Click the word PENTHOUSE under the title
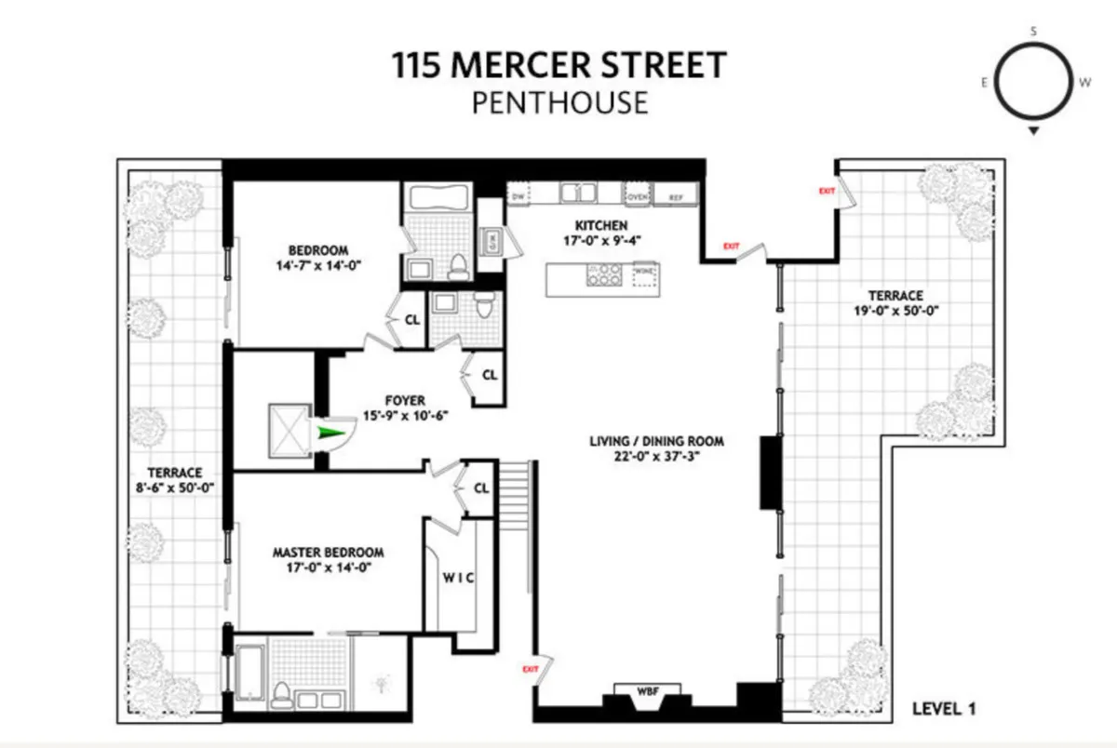[x=558, y=101]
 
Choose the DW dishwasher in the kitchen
[x=518, y=195]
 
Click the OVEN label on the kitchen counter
[x=637, y=196]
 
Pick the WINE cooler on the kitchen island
[x=642, y=274]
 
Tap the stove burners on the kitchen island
[x=602, y=274]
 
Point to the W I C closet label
[x=457, y=577]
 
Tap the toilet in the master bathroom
[x=281, y=695]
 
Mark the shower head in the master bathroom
[x=381, y=686]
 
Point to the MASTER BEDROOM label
[x=328, y=552]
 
